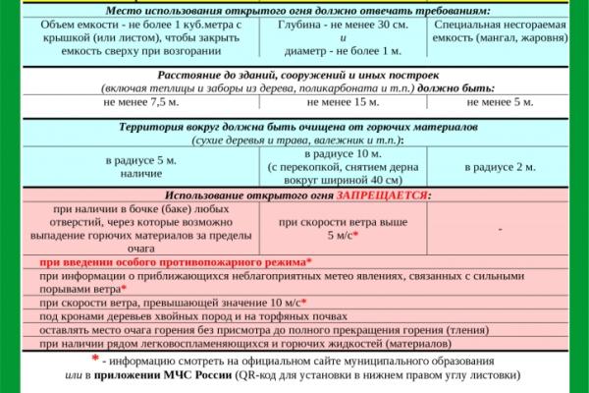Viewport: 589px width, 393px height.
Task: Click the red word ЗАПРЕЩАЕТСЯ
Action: (x=382, y=196)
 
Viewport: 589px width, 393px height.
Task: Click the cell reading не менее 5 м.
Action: (x=500, y=102)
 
